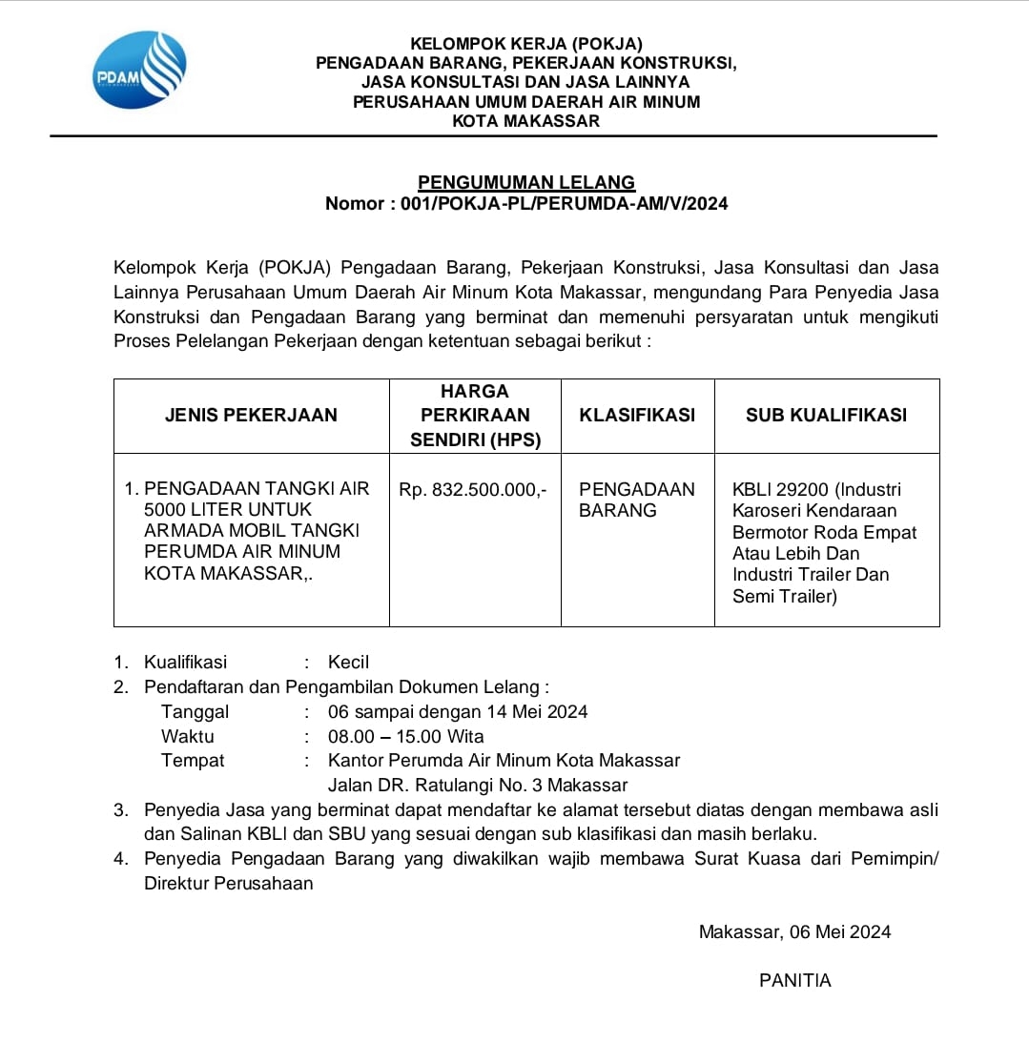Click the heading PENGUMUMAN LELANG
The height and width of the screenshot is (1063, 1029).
click(x=526, y=182)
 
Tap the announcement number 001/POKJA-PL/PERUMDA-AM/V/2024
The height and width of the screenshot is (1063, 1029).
click(x=565, y=203)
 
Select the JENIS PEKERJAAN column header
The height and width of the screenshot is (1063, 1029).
click(x=251, y=415)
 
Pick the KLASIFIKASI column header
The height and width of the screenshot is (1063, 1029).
click(x=637, y=415)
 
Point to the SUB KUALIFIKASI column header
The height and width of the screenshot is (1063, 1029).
click(x=826, y=415)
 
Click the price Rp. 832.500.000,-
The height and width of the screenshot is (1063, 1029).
click(x=473, y=489)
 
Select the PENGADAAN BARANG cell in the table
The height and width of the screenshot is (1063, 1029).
click(x=637, y=500)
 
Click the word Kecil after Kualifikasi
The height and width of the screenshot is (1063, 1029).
click(x=348, y=662)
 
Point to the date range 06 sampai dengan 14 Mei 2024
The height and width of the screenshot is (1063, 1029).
click(x=458, y=711)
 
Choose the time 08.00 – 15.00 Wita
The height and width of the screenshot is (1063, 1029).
click(x=405, y=736)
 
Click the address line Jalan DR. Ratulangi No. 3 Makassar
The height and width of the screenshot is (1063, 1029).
click(x=478, y=786)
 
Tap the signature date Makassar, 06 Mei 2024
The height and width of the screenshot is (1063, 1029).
click(x=794, y=931)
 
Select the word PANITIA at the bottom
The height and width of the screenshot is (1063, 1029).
click(x=795, y=980)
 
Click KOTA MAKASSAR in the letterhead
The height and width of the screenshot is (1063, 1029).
click(x=525, y=121)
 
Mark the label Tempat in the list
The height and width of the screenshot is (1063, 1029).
click(x=193, y=761)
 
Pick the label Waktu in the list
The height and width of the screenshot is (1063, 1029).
click(x=188, y=736)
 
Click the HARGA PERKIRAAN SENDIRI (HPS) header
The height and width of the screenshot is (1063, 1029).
click(x=475, y=415)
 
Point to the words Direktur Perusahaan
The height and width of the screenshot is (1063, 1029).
click(x=229, y=883)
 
